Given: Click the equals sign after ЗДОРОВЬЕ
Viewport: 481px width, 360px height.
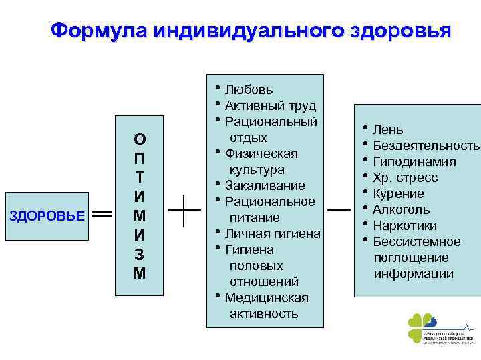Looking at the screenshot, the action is (x=102, y=215).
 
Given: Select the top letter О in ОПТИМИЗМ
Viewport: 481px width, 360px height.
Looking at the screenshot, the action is (x=140, y=139).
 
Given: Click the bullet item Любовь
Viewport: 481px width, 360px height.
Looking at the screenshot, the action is (x=249, y=89).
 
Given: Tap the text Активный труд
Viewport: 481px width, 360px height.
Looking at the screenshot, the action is (x=271, y=105).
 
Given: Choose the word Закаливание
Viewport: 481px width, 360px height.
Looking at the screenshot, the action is (x=265, y=185).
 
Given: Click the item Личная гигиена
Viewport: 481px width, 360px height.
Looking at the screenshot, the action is (x=273, y=233).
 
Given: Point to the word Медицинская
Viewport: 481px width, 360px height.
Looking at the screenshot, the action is (x=267, y=297).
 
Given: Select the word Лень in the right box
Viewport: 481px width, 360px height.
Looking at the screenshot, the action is (x=388, y=129).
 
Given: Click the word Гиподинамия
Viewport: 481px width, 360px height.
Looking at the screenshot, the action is (x=414, y=161).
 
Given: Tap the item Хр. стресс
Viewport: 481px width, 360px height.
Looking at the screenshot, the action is (x=406, y=177).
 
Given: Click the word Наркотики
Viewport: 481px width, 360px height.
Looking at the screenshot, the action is (x=405, y=225).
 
